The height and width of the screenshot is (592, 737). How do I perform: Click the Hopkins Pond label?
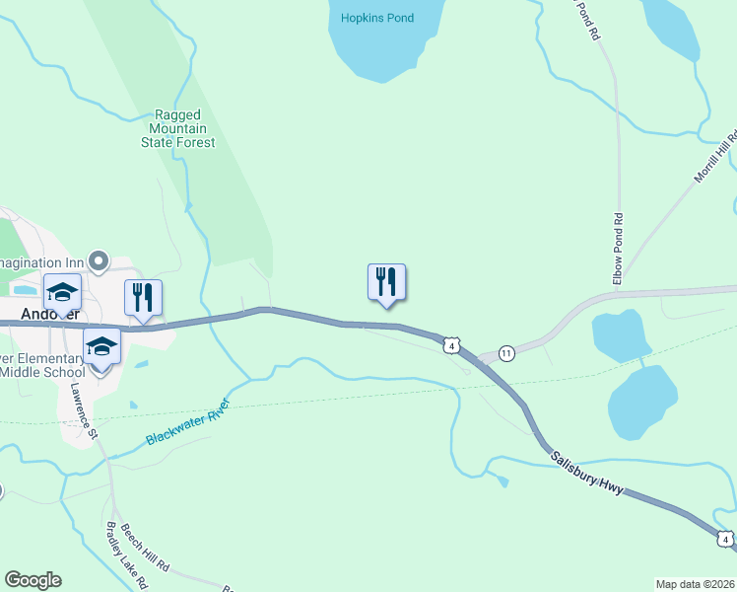377,18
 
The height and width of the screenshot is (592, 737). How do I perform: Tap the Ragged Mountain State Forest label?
178,129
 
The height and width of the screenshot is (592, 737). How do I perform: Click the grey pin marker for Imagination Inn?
98,261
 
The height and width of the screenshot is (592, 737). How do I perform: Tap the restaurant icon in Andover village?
144,297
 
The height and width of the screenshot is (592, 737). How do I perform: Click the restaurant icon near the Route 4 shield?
387,282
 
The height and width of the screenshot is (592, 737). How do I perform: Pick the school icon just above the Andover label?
62,293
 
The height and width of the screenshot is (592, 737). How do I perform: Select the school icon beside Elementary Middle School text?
100,348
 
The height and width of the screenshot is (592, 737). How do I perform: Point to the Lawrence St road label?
82,410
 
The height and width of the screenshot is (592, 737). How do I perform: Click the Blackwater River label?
188,422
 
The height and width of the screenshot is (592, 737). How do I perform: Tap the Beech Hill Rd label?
147,551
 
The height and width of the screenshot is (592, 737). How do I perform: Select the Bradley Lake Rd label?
125,554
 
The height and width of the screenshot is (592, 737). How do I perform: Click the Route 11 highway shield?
506,353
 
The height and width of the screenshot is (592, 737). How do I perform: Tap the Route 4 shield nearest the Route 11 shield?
450,344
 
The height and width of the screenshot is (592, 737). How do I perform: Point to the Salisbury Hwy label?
587,474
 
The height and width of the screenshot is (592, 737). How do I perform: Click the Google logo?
33,580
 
